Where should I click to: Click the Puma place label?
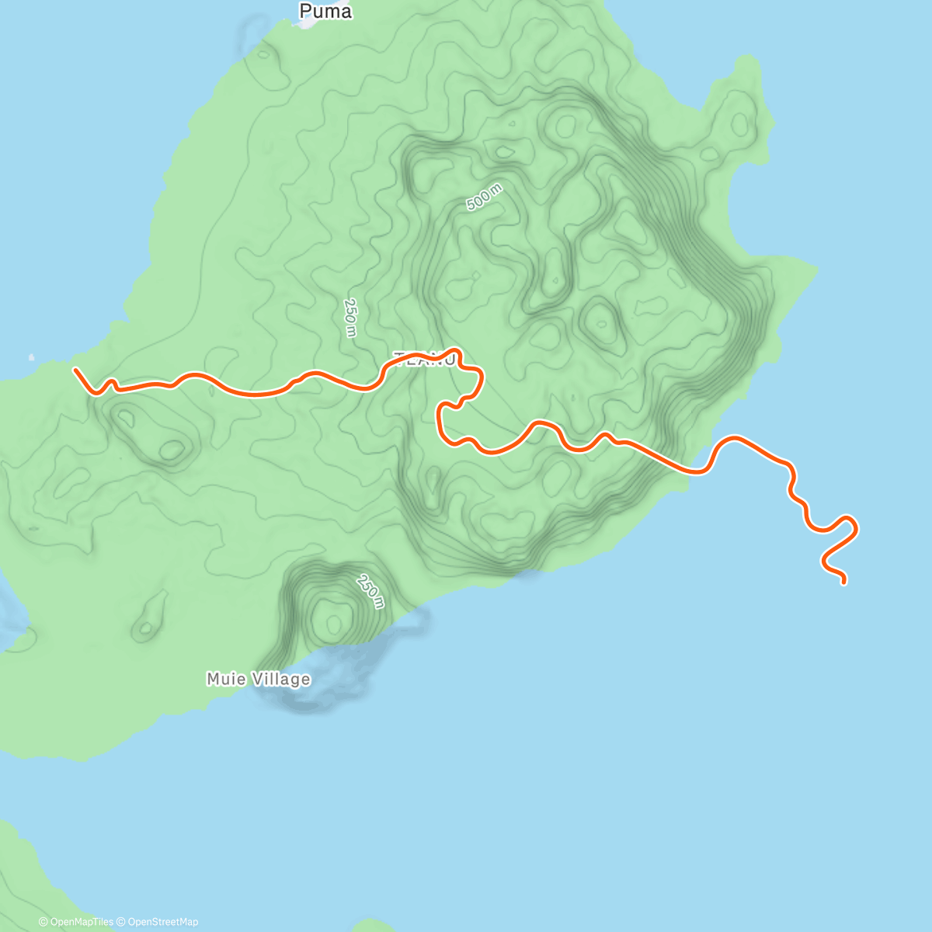tap(325, 12)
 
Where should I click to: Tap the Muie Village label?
tap(258, 680)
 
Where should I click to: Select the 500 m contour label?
tap(484, 197)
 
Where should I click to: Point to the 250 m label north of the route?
tap(350, 318)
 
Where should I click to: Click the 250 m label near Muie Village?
tap(370, 591)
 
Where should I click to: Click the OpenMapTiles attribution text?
tap(82, 922)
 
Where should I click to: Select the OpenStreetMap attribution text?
tap(162, 922)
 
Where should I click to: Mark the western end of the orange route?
tap(75, 370)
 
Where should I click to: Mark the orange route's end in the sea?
tap(843, 582)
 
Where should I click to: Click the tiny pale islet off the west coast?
tap(31, 357)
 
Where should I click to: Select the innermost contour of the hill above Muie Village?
tap(335, 622)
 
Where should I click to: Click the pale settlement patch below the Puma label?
tap(304, 24)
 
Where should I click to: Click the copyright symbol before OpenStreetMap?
tap(122, 922)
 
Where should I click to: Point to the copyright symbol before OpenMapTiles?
tap(43, 922)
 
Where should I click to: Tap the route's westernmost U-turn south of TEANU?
tap(440, 416)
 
